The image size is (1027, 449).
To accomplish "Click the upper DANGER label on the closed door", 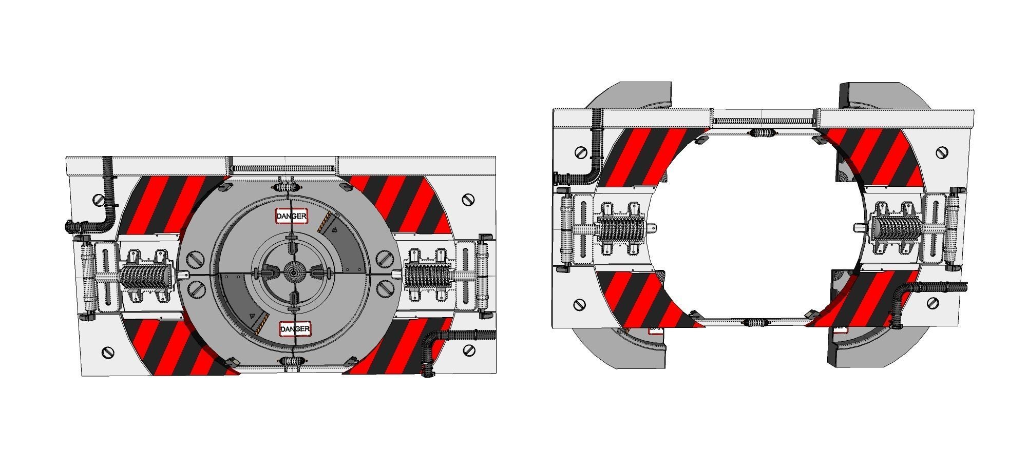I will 292,216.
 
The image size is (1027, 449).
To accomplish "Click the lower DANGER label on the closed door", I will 295,329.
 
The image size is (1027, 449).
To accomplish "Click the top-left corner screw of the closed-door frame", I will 99,200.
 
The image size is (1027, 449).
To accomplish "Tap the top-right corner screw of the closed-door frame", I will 467,200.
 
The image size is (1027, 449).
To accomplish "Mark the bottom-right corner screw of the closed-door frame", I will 469,350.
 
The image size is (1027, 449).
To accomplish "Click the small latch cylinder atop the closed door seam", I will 288,186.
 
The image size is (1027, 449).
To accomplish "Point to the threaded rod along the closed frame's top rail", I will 283,167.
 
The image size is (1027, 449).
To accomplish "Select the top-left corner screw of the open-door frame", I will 581,152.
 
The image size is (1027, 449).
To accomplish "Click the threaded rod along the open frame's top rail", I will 764,121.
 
